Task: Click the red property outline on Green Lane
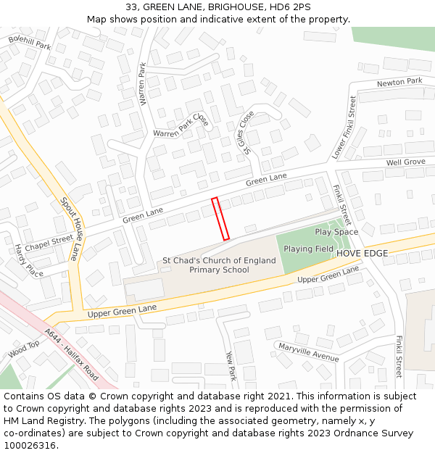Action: (x=220, y=218)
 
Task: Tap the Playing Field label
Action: (x=308, y=249)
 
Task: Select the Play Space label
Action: (x=336, y=232)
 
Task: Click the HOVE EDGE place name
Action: (x=362, y=253)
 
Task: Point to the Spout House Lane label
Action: (x=69, y=229)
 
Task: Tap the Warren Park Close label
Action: (x=181, y=129)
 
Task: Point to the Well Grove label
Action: (x=405, y=162)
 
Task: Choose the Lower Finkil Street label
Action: (x=344, y=128)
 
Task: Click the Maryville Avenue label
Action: (x=309, y=353)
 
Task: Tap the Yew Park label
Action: (x=231, y=366)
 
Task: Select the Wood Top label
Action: (x=24, y=350)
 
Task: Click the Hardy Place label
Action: (x=29, y=260)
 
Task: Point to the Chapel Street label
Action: (x=49, y=239)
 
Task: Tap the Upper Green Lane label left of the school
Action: (x=123, y=311)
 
